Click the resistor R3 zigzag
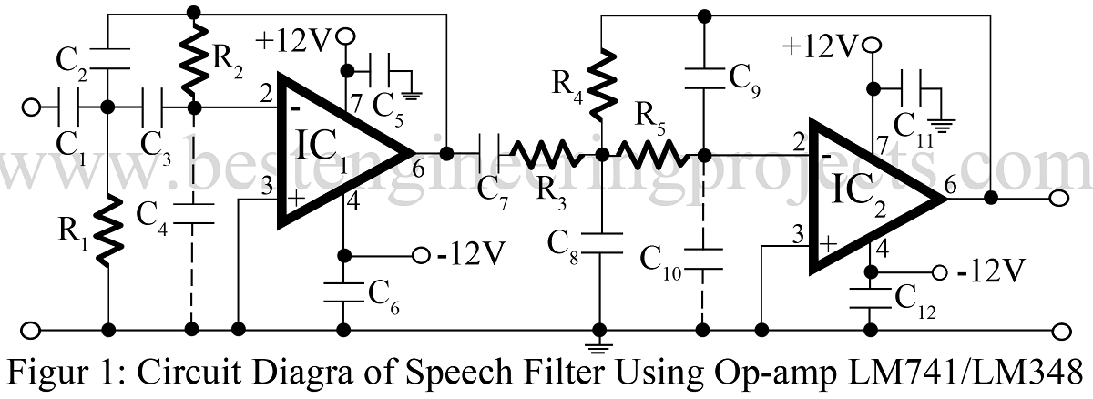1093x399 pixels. coord(545,153)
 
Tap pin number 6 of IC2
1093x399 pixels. coord(951,185)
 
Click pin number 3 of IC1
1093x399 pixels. coord(267,188)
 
